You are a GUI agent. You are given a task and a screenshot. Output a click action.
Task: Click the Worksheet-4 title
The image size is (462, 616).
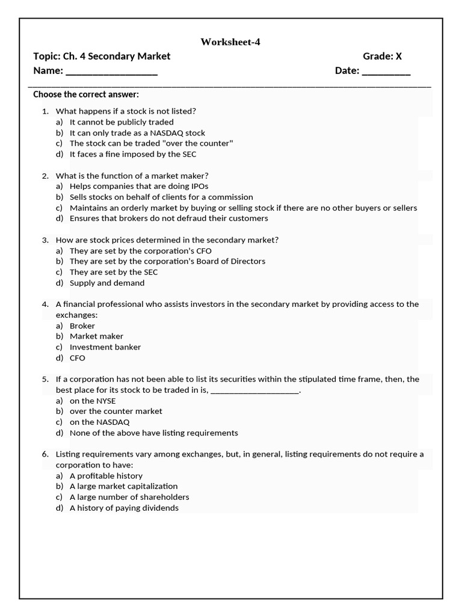[x=230, y=42]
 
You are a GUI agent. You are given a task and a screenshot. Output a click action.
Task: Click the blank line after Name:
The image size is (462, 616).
[x=111, y=72]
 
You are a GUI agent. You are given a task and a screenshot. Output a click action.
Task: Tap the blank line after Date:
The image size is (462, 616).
[x=386, y=72]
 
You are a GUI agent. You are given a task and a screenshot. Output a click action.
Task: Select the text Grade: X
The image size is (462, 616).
[x=382, y=56]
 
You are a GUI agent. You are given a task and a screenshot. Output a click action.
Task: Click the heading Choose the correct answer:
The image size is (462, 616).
[x=86, y=94]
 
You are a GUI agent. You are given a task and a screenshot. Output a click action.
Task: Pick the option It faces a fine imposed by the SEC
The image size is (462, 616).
[x=133, y=154]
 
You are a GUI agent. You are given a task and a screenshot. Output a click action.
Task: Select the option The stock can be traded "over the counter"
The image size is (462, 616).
[x=151, y=143]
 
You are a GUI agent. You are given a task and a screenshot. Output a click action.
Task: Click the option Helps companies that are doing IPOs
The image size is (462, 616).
[x=139, y=186]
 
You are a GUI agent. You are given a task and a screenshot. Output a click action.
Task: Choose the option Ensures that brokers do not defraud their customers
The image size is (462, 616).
[x=168, y=218]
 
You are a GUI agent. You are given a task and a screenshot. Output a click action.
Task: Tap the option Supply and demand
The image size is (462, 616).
[x=107, y=283]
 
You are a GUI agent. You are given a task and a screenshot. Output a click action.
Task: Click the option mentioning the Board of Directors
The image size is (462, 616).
[x=167, y=261]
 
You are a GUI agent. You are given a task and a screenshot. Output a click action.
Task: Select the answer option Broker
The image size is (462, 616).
[x=82, y=325]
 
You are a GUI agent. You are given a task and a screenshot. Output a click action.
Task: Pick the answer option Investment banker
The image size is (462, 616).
[x=105, y=347]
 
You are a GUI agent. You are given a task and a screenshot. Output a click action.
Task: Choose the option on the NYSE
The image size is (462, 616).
[x=93, y=401]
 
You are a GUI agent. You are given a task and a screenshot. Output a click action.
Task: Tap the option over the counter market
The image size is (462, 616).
[x=116, y=411]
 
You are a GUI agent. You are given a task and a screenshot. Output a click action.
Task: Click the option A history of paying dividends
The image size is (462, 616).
[x=124, y=508]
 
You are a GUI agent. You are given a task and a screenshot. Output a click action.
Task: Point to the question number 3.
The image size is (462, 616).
[x=45, y=239]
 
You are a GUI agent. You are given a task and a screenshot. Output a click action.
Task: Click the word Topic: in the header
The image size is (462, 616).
[x=46, y=56]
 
